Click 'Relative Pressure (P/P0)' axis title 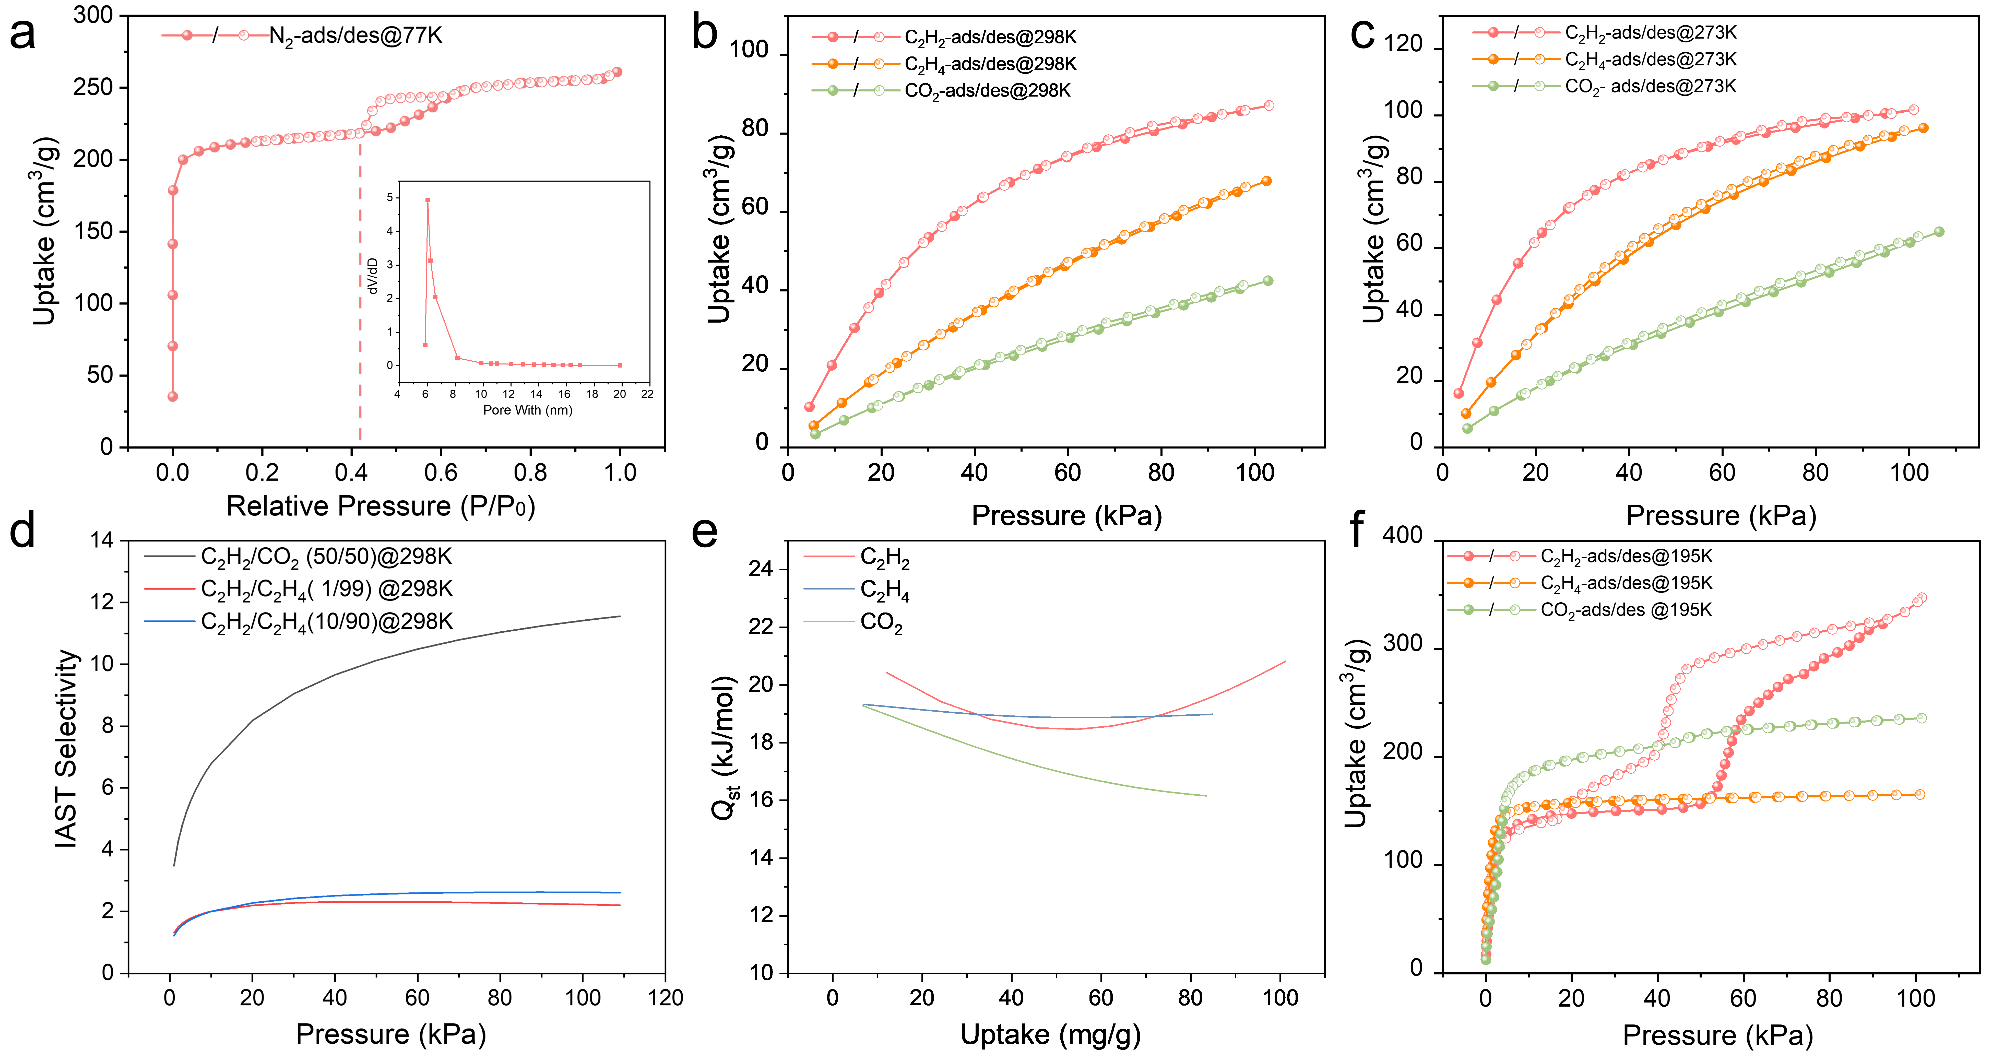(381, 506)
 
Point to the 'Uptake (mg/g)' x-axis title (1050, 1035)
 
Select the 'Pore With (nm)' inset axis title (527, 410)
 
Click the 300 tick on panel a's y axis (93, 16)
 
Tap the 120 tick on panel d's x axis (665, 998)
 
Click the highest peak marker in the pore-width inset (428, 199)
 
